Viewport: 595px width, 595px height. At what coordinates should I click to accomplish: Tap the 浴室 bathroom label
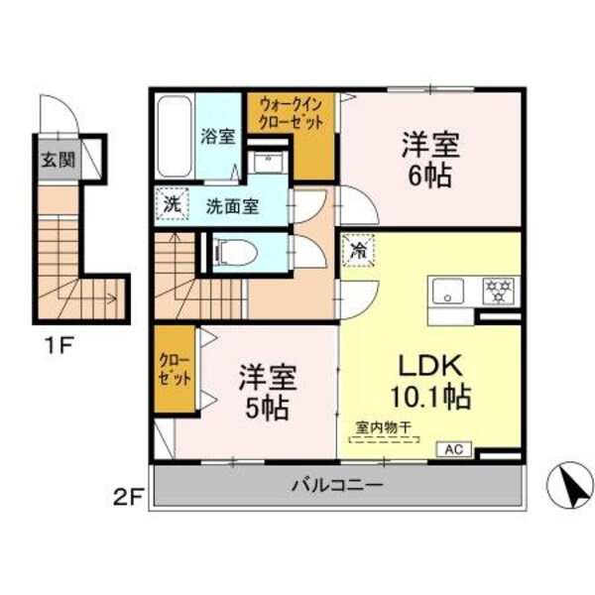tap(218, 136)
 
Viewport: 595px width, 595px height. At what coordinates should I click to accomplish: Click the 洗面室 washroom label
tap(232, 207)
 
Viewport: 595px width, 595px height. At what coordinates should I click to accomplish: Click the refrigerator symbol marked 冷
tap(355, 250)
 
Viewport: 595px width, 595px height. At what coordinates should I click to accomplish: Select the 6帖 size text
tap(428, 177)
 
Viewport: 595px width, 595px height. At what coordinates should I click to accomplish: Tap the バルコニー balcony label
tap(337, 486)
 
